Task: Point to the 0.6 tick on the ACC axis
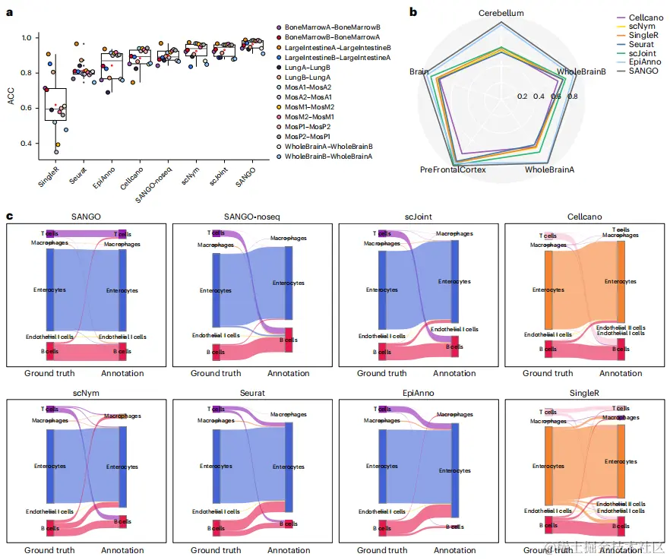[x=30, y=108]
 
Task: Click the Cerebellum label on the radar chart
[x=501, y=14]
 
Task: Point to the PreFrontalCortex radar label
[x=453, y=169]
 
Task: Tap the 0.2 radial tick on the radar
[x=522, y=96]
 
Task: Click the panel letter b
[x=412, y=11]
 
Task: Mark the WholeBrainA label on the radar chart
[x=549, y=169]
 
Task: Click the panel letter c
[x=9, y=217]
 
